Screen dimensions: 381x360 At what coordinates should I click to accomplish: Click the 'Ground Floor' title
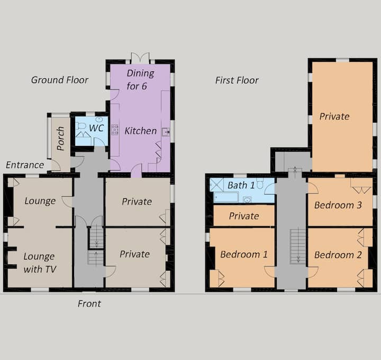[x=59, y=80]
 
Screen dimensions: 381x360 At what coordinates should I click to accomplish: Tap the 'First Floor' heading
[x=237, y=80]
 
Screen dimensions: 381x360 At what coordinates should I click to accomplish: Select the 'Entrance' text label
[x=25, y=165]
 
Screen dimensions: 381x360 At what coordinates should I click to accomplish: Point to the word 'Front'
[x=89, y=303]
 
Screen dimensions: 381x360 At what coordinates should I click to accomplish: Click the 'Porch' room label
[x=60, y=139]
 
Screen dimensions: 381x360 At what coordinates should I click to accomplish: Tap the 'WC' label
[x=96, y=128]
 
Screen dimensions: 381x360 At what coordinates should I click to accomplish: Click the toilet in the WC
[x=80, y=126]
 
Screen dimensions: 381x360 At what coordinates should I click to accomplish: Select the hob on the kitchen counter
[x=115, y=130]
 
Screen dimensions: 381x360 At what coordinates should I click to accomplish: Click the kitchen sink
[x=166, y=132]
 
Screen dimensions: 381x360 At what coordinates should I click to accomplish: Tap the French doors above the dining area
[x=140, y=58]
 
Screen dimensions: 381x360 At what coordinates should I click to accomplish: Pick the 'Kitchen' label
[x=141, y=131]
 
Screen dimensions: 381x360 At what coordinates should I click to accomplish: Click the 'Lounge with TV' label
[x=40, y=263]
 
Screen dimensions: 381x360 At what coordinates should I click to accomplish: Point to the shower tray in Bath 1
[x=216, y=184]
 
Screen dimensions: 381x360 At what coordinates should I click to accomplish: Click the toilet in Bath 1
[x=260, y=184]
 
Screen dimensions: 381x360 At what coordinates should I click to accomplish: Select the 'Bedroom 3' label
[x=338, y=205]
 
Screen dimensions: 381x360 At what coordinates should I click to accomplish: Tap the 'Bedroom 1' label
[x=244, y=254]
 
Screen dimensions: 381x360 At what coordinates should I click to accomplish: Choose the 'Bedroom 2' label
[x=338, y=255]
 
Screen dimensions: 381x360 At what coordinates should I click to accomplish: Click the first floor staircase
[x=298, y=246]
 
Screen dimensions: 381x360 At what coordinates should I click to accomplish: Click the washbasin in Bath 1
[x=247, y=200]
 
